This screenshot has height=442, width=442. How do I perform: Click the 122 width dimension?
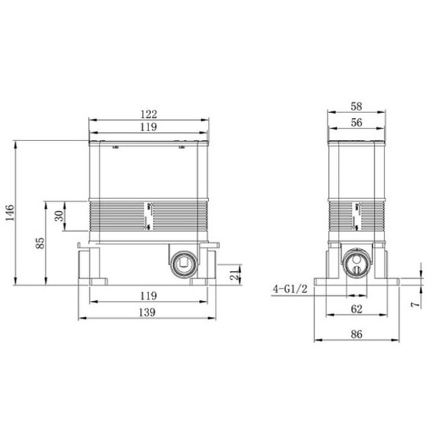click(x=149, y=113)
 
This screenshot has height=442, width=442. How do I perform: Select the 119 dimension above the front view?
click(x=149, y=127)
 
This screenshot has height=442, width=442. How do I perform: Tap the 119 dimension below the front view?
click(x=149, y=295)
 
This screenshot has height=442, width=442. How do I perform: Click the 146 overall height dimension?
click(x=8, y=213)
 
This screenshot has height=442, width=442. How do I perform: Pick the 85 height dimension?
click(x=40, y=243)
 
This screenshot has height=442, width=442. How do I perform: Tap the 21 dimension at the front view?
click(x=234, y=271)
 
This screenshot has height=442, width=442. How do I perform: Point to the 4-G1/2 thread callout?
click(x=290, y=290)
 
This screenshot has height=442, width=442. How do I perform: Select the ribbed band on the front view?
click(x=149, y=216)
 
